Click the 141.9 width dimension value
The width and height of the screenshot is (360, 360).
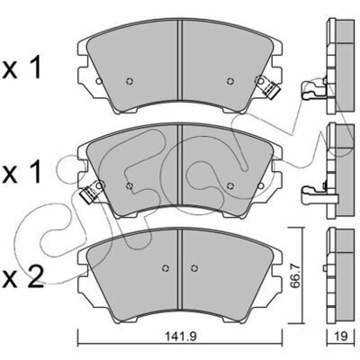(x=181, y=337)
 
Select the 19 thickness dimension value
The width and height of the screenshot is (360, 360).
(x=340, y=337)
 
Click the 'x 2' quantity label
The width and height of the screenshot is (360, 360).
(x=22, y=279)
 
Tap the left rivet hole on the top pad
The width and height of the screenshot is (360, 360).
(x=130, y=81)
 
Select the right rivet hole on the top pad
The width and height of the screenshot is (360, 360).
(x=230, y=81)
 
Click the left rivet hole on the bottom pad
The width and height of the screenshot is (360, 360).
(x=166, y=268)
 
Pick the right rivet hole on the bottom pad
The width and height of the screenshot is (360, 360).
(x=194, y=268)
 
